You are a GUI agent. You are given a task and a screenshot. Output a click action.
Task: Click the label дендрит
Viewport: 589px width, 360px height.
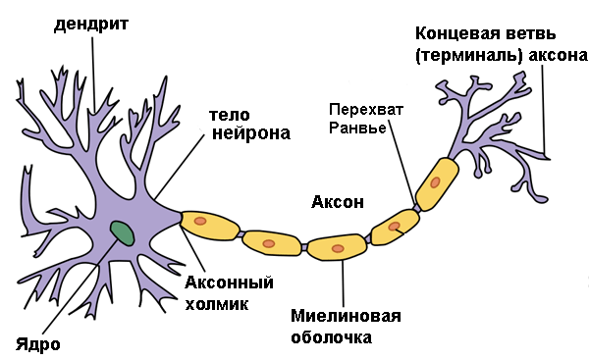coord(91,25)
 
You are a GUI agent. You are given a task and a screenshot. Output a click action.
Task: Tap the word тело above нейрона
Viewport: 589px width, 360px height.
coord(229,115)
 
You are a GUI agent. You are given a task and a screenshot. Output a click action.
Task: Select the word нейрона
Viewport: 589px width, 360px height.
coord(251,133)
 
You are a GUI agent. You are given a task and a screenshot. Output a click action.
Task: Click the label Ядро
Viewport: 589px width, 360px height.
coord(38,344)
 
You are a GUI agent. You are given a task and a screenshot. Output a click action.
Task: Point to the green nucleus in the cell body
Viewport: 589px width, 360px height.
coord(122,233)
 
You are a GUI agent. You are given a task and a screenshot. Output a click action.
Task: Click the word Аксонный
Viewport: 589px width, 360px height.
coord(229,282)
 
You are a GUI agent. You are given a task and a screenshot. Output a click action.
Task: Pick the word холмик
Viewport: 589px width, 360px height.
coord(217,304)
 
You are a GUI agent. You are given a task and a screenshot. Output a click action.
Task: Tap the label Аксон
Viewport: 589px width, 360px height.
coord(338,202)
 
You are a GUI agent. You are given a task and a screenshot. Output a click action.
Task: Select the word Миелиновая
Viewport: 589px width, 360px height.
coord(346,316)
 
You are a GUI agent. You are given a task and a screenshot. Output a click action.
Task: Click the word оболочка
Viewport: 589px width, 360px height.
coord(332,337)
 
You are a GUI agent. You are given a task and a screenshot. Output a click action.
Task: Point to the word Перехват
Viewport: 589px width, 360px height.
coord(366,110)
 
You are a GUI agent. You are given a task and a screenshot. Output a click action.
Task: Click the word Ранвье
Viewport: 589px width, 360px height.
coord(357,129)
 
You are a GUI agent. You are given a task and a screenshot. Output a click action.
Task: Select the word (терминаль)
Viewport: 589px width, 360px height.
coord(470,56)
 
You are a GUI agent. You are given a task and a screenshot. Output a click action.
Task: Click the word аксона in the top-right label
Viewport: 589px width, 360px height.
coord(558,56)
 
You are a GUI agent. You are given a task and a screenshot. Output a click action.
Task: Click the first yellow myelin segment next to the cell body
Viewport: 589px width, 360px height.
coord(210,226)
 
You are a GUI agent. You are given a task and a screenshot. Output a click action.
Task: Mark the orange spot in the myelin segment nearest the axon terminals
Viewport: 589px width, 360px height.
coord(435,182)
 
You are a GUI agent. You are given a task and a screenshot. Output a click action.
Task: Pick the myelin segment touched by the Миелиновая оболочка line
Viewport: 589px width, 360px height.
coord(337,247)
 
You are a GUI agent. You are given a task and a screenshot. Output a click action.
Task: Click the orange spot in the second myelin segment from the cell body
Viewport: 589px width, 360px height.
coord(269,243)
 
